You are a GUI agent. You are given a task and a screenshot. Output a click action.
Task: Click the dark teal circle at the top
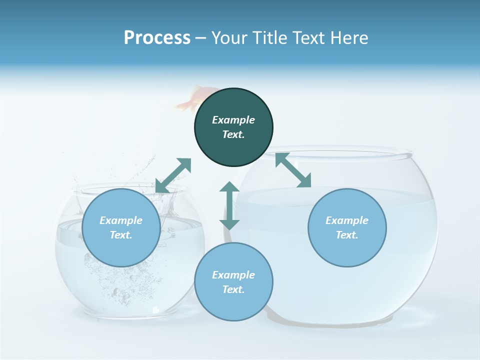233,127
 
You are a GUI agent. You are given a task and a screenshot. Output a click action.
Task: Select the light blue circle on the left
121,228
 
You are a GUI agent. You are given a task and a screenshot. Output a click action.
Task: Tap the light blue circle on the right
347,228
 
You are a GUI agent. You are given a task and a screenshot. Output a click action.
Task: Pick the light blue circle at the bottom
233,282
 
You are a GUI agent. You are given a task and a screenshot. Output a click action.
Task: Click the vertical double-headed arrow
229,205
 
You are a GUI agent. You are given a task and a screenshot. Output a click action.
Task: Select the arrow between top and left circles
173,175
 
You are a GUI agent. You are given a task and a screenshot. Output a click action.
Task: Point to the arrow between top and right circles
293,170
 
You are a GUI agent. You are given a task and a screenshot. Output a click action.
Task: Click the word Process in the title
157,37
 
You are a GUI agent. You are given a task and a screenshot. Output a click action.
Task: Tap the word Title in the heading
270,37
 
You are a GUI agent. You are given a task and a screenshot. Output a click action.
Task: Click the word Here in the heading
350,37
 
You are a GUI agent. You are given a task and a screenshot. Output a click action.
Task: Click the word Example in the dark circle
233,120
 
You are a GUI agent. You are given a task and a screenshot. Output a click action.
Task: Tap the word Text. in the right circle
347,235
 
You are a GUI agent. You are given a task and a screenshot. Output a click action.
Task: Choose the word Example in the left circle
121,220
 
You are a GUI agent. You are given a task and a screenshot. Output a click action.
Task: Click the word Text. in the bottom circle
233,289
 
